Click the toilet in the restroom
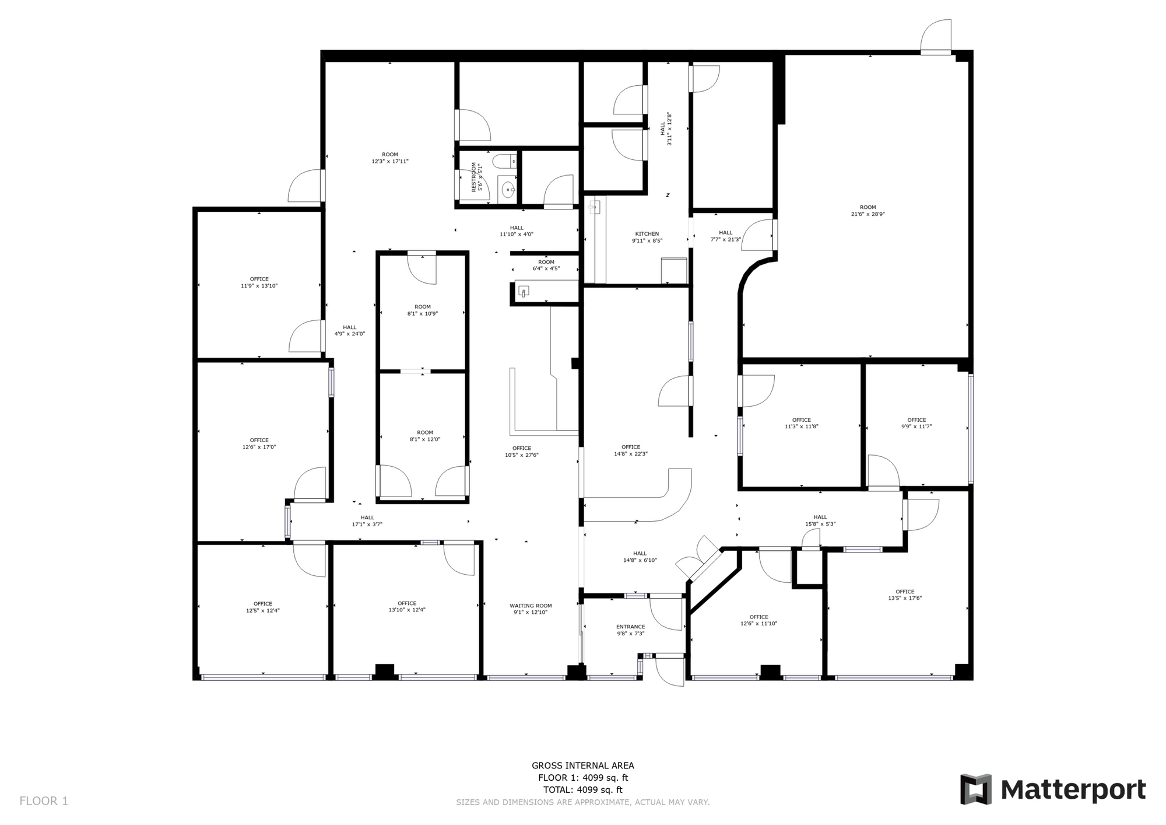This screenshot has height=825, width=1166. (x=505, y=160)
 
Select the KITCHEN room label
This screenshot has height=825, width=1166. (x=647, y=234)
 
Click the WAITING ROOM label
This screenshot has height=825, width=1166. (x=531, y=606)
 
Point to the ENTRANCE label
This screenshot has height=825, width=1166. (x=631, y=627)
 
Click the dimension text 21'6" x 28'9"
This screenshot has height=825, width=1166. (x=868, y=214)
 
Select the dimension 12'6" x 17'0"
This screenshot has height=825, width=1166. (x=259, y=447)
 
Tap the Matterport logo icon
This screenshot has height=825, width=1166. (x=976, y=789)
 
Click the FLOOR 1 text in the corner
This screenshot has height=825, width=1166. (x=44, y=801)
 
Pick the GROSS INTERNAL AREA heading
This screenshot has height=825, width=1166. (x=583, y=765)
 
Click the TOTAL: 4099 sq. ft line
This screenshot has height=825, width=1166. (x=583, y=790)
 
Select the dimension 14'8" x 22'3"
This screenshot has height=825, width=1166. (x=631, y=453)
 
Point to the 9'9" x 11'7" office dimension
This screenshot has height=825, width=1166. (x=916, y=427)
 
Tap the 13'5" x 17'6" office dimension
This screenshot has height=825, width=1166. (x=905, y=598)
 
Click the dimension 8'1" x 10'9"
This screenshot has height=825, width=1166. (x=423, y=313)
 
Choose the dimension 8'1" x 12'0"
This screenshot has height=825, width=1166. (x=425, y=439)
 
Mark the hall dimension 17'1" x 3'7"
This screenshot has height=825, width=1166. (x=367, y=524)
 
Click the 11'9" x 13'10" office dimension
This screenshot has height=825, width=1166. (x=259, y=286)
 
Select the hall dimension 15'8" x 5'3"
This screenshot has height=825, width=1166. (x=820, y=523)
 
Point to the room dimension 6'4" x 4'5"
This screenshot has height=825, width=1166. (x=546, y=268)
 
